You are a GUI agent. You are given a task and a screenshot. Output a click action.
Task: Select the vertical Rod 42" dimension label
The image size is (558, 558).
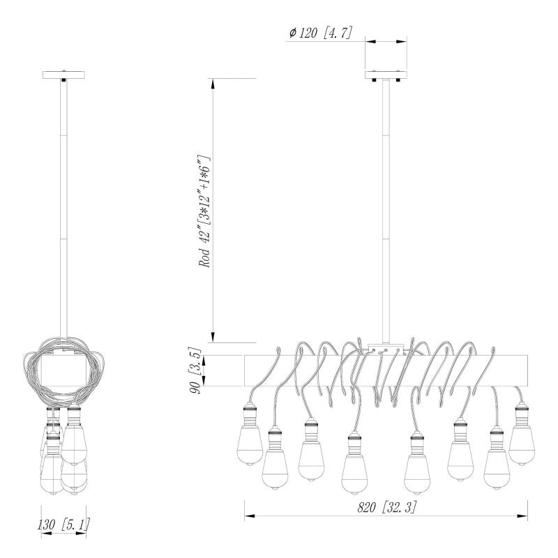(205, 211)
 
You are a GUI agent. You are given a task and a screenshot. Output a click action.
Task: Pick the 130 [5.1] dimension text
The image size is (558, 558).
(64, 524)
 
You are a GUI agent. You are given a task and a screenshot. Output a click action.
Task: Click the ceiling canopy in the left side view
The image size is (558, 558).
(63, 74)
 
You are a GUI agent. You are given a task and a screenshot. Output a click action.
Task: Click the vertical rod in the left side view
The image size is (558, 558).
(63, 209)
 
